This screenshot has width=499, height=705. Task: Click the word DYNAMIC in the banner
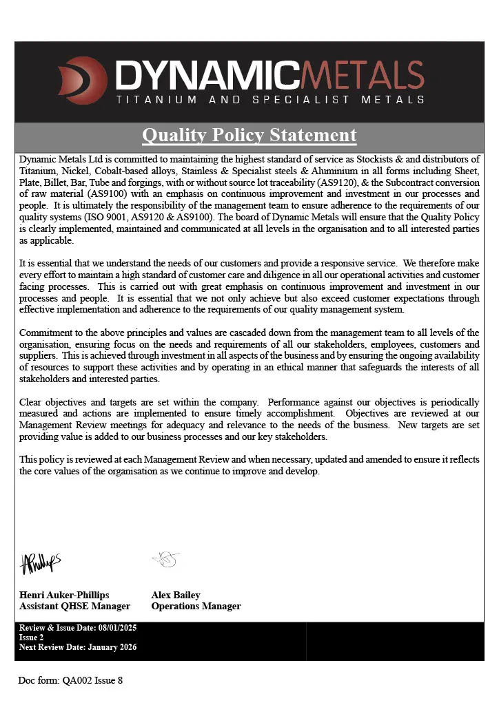(207, 74)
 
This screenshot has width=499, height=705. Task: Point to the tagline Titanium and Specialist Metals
(270, 100)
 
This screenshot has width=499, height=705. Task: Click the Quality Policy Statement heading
(250, 135)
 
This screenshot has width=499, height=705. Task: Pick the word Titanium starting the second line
(37, 171)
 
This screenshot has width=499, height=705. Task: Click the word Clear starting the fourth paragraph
(31, 402)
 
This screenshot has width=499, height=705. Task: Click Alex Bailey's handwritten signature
(166, 559)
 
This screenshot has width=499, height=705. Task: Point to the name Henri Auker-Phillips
(64, 595)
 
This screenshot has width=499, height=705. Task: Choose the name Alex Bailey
(176, 595)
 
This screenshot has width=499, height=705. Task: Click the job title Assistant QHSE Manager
(74, 607)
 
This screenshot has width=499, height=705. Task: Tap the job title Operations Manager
(196, 607)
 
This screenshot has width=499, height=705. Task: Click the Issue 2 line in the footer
(32, 638)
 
